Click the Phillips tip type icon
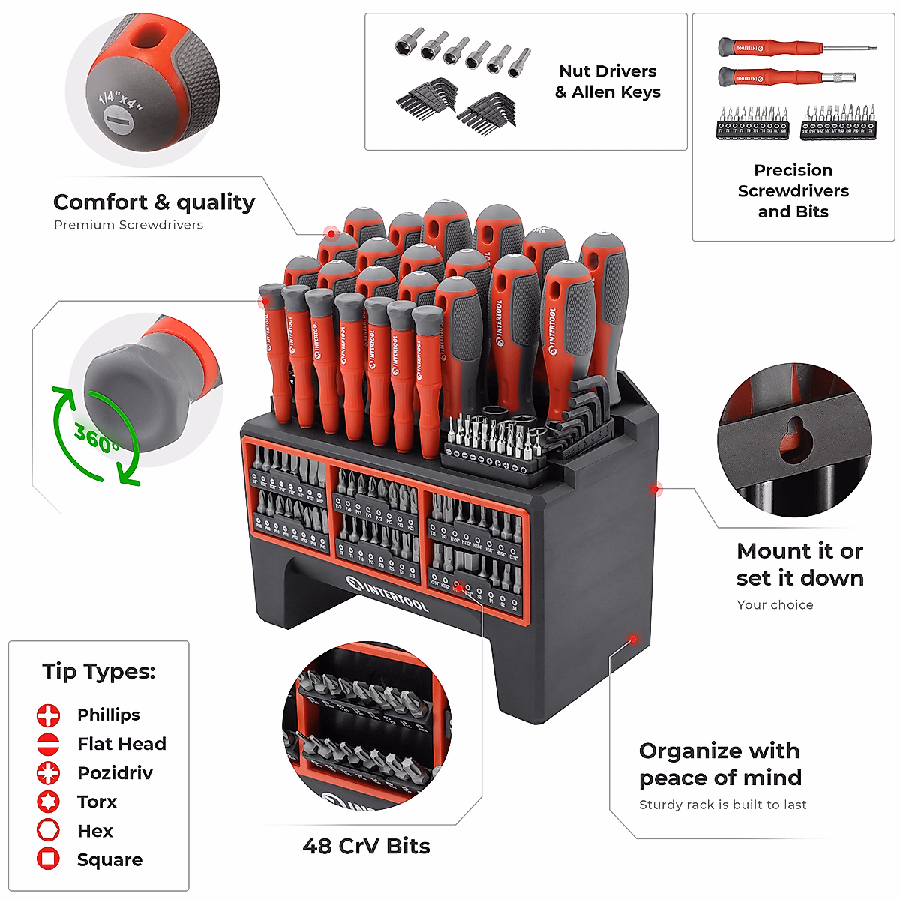(48, 715)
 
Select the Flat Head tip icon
(48, 744)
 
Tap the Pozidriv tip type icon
(48, 772)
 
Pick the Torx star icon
(48, 802)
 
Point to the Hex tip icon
(48, 831)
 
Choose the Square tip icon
(48, 859)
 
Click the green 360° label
(95, 436)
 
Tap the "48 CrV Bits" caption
(366, 846)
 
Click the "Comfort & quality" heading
(154, 202)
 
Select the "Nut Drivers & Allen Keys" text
(607, 82)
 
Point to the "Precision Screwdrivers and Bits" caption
(793, 191)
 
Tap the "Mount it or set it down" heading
(799, 565)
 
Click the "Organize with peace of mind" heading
(720, 764)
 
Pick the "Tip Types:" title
(98, 671)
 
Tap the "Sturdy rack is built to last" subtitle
(722, 805)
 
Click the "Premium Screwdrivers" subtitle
(128, 225)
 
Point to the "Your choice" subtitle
(774, 605)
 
